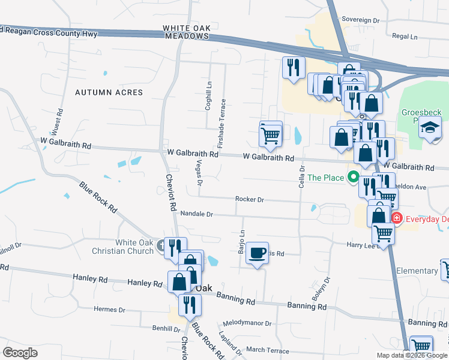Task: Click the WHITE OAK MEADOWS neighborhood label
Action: coord(186,32)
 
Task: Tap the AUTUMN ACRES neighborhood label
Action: coord(109,92)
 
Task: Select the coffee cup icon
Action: coord(257,253)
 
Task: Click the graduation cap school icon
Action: coord(430,127)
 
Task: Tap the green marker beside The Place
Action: coord(353,178)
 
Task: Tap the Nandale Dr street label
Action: coord(197,214)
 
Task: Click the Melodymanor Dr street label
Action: coord(247,323)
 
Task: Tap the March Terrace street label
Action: coord(267,350)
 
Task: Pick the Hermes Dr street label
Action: coord(109,310)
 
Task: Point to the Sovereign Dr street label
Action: coord(360,20)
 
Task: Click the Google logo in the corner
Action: coord(20,353)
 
